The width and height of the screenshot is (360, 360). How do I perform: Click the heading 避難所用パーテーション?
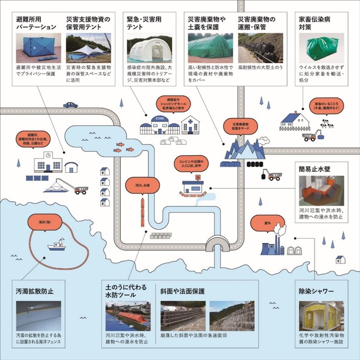pos(37,22)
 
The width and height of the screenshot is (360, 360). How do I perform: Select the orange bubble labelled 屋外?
pos(263,223)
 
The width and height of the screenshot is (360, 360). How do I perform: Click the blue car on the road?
pos(70,104)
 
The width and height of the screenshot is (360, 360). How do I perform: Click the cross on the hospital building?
pos(189,121)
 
